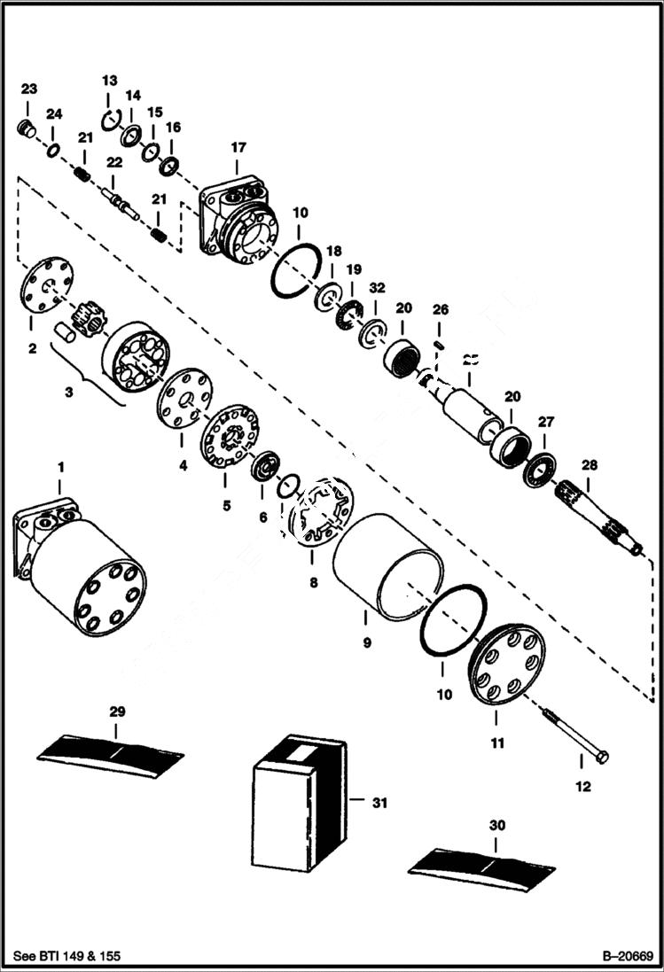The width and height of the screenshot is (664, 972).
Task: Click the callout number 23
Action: point(29,89)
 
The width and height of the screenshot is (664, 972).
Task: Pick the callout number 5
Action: point(226,505)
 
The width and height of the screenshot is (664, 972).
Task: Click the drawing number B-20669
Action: point(627,956)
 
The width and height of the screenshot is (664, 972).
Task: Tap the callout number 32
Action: point(378,287)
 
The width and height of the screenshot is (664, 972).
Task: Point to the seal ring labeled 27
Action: point(540,467)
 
